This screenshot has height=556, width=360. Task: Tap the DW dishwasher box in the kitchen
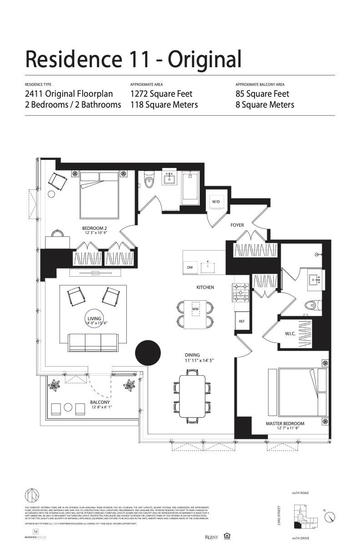[190, 268]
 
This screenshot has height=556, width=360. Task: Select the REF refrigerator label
[242, 321]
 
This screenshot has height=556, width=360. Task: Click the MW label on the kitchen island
[196, 309]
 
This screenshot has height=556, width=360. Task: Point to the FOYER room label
[237, 225]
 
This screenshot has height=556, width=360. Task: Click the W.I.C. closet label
[290, 334]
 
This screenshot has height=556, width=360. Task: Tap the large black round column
[148, 352]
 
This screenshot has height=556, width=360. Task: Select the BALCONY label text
[100, 402]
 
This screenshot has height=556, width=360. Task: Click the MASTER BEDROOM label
[285, 423]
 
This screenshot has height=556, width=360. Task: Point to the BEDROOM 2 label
[94, 228]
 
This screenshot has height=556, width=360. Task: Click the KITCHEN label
[205, 287]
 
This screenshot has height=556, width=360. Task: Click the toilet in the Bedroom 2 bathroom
[149, 181]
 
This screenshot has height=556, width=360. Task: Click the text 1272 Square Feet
[161, 94]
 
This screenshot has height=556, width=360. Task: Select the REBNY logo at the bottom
[212, 537]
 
